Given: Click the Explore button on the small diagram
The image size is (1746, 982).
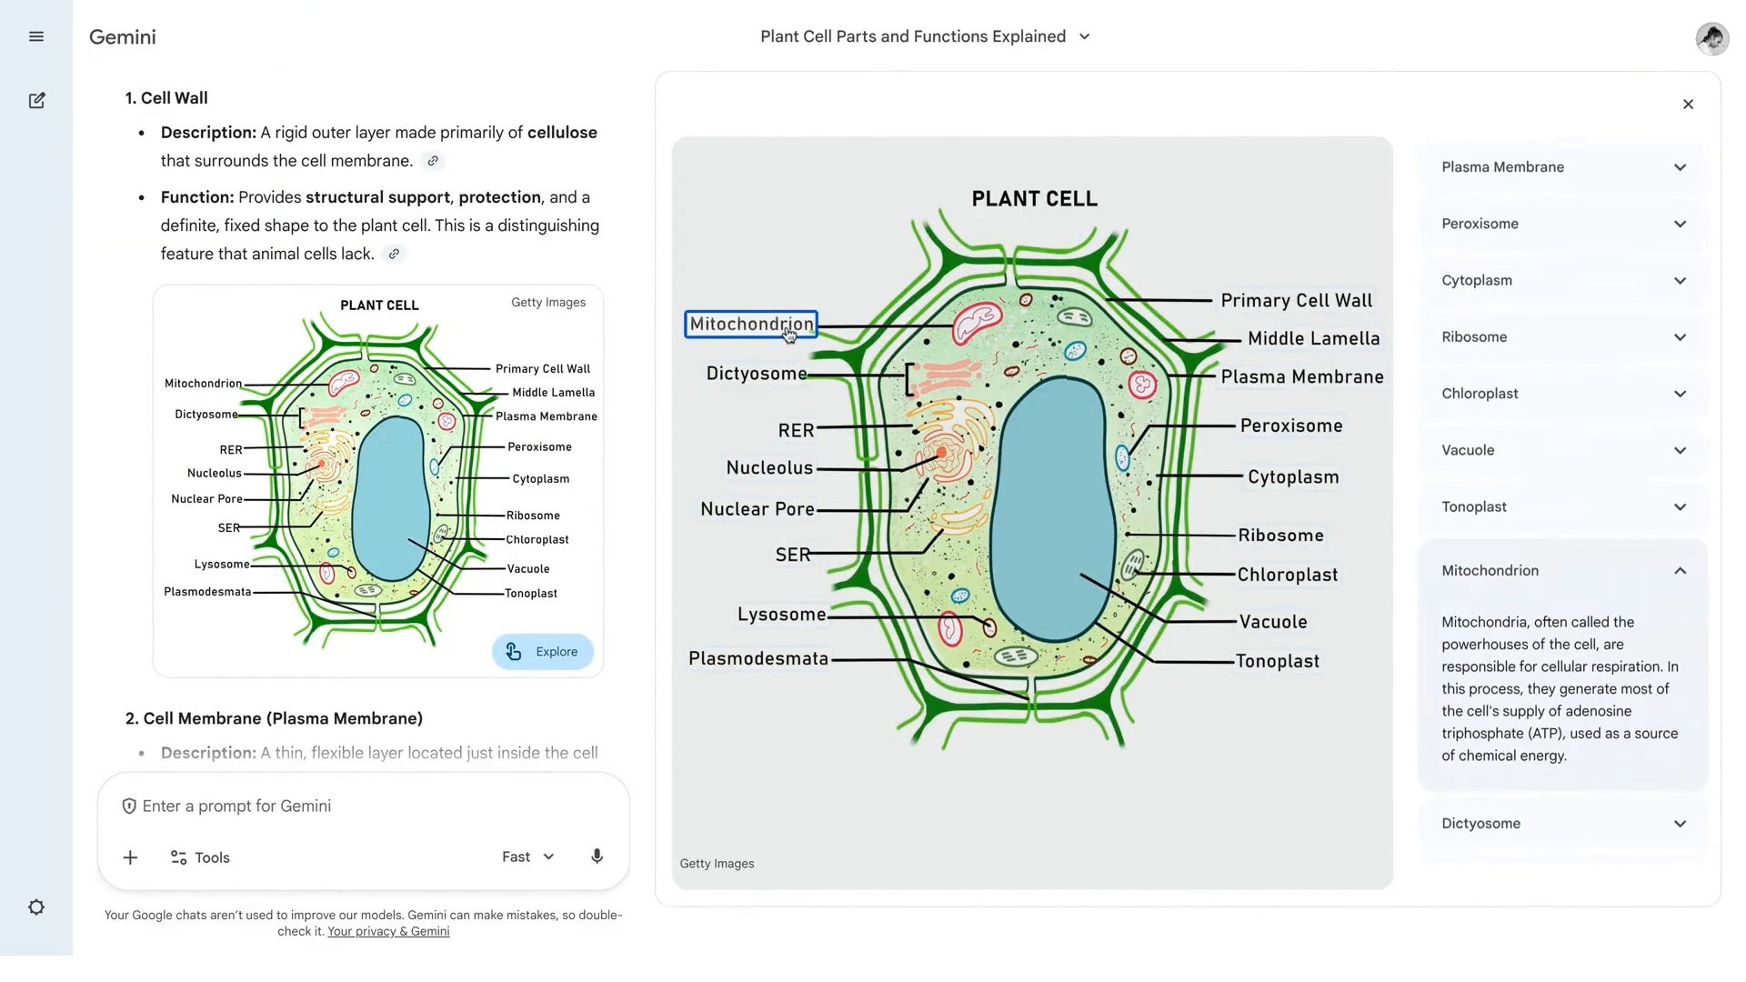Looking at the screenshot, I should (543, 652).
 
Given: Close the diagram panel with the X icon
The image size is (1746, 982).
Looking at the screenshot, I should (1688, 105).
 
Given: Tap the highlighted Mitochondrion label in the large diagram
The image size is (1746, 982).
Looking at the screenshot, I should (751, 325).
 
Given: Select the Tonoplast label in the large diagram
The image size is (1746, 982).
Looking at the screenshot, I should (1277, 662).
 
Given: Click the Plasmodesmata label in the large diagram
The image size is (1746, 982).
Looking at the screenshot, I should (758, 659).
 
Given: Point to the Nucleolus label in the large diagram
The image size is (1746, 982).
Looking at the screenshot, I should (769, 468).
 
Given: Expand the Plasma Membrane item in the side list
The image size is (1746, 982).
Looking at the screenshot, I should (1562, 167).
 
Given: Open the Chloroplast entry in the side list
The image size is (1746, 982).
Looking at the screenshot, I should (1562, 394).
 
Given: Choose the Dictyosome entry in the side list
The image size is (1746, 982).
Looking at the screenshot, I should (1562, 824).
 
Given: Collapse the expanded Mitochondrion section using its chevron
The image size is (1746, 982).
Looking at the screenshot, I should (1680, 571).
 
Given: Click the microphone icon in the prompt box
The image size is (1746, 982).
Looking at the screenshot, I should (597, 857).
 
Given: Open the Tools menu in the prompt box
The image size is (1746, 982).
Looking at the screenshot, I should (200, 857).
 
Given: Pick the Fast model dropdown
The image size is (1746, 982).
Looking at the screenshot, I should (527, 857).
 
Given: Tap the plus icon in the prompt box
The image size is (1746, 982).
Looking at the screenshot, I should (130, 857).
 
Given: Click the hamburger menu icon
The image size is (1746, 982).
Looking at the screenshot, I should (36, 36).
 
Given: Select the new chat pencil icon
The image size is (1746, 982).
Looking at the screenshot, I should (36, 101).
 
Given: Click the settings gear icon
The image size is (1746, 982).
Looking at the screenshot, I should (36, 907).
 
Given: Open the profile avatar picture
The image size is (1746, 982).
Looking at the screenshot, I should (1711, 38).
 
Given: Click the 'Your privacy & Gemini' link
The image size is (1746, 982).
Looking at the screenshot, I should (388, 931).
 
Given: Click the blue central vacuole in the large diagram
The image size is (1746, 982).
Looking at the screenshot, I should (1052, 509).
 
